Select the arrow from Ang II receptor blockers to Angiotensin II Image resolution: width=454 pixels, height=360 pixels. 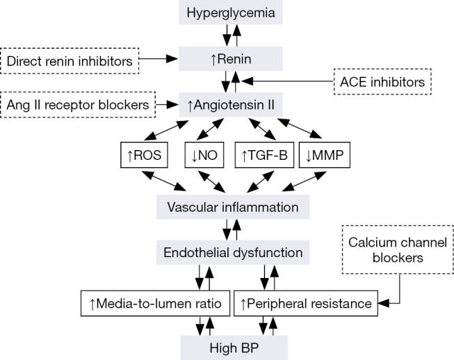(x=168, y=106)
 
